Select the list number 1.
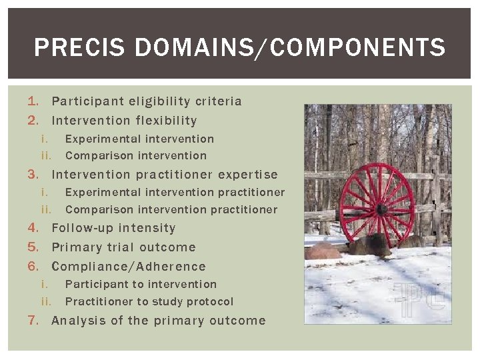[x=33, y=101]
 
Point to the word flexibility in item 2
[x=166, y=121]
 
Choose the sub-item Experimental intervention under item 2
[x=139, y=139]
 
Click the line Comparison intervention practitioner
[x=171, y=209]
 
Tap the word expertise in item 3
[x=245, y=175]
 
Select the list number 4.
[x=33, y=228]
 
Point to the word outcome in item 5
[x=168, y=247]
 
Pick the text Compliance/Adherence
[x=129, y=267]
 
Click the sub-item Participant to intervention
[x=141, y=284]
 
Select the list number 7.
[x=33, y=321]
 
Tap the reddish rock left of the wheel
[x=324, y=251]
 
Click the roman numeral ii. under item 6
[x=47, y=301]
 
